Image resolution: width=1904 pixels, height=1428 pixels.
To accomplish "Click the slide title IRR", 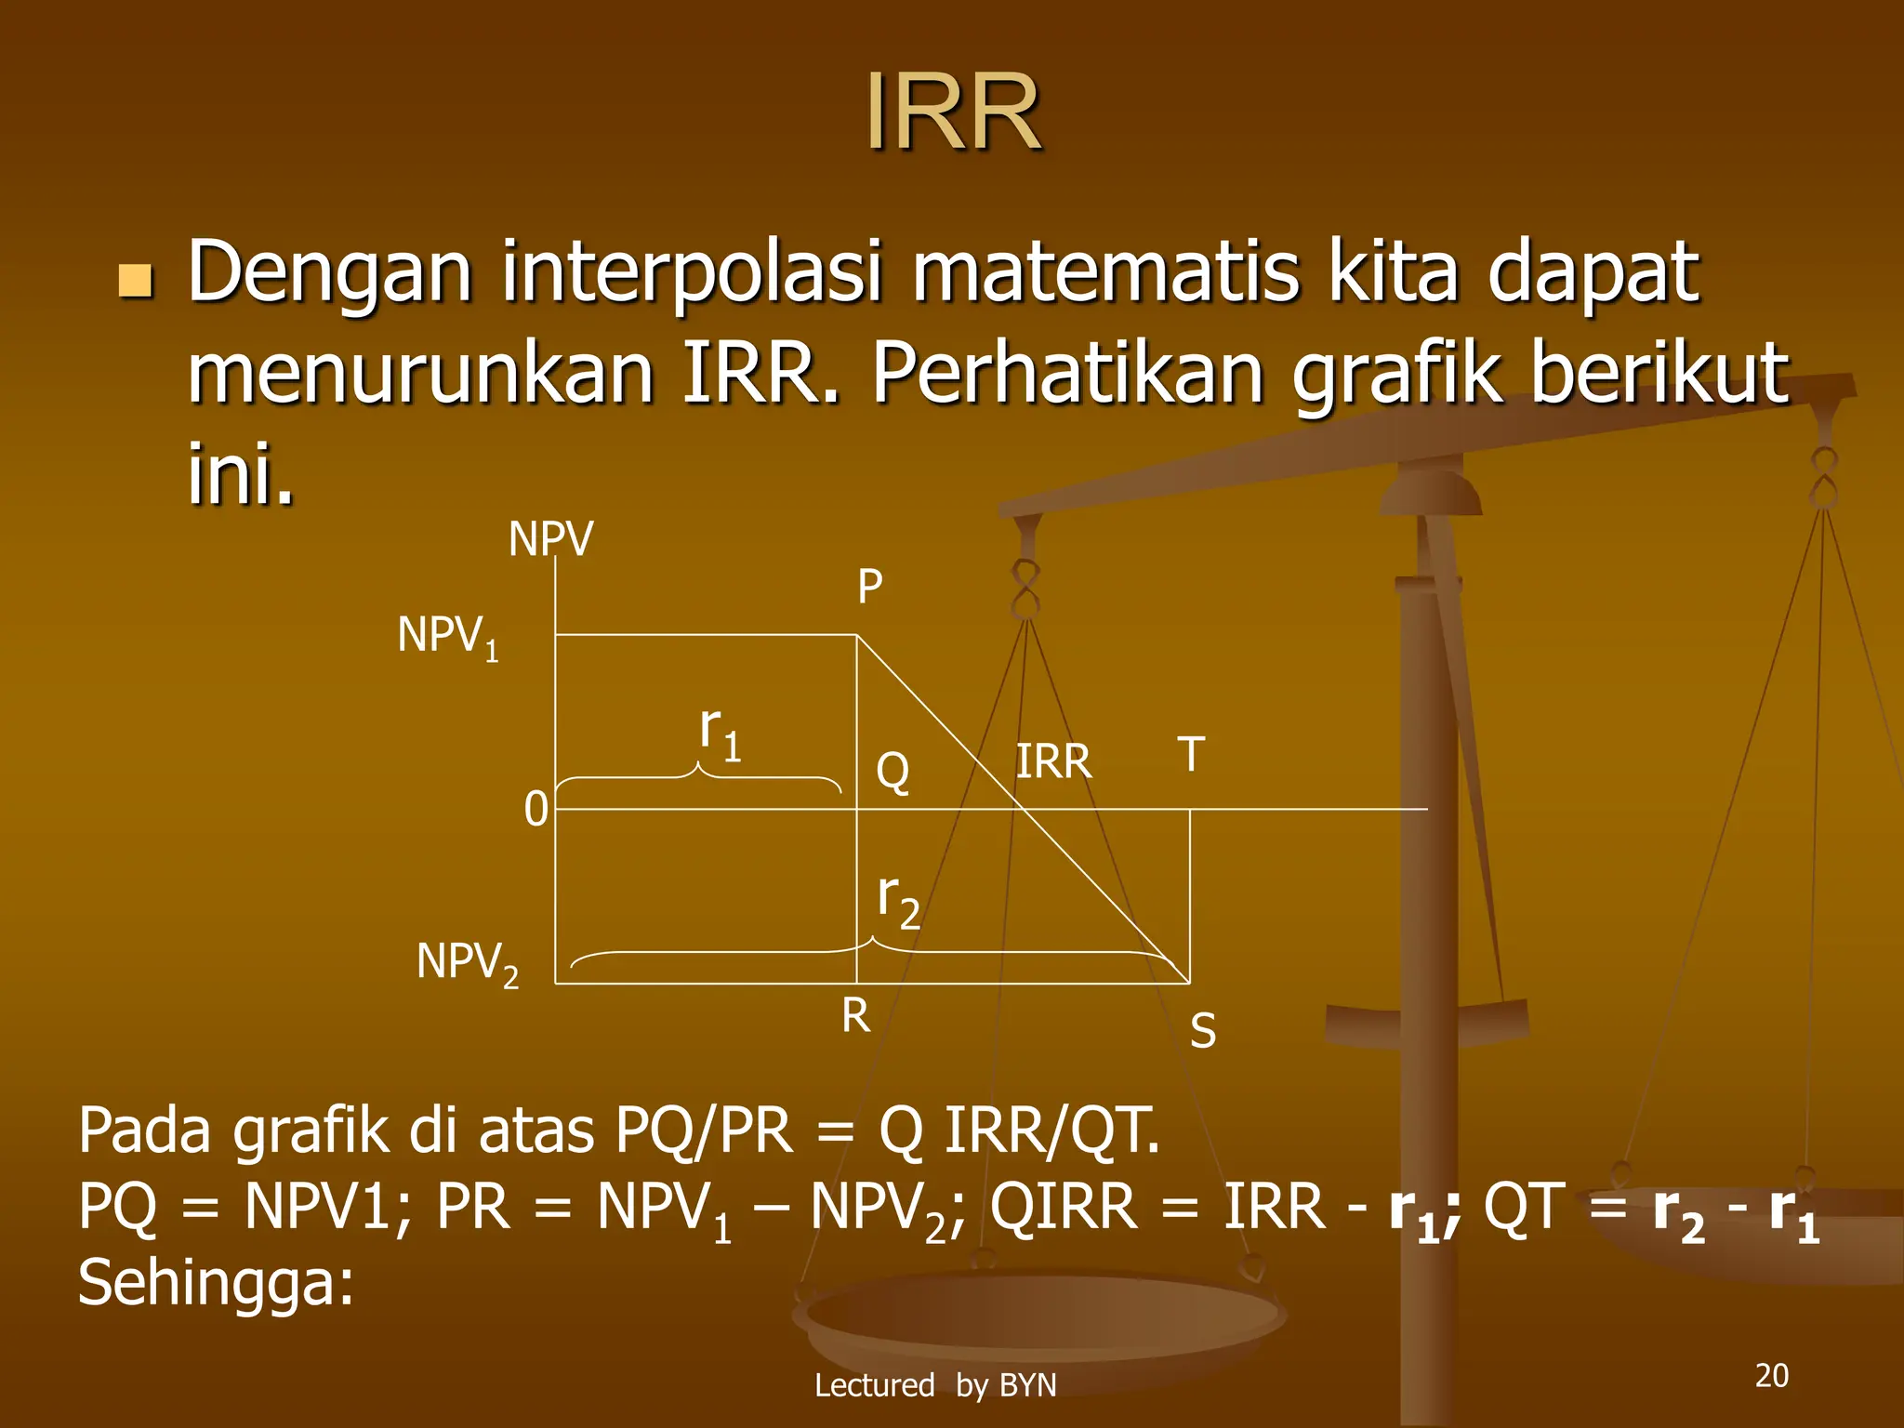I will click(953, 112).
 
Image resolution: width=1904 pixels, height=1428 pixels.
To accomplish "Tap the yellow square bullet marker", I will click(136, 280).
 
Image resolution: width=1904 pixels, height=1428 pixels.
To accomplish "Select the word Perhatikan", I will click(1067, 373).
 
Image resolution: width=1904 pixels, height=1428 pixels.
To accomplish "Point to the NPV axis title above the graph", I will click(550, 539).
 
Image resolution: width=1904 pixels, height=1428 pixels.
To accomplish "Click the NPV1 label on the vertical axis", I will click(448, 637).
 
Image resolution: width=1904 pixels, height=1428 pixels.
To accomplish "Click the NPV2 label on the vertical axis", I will click(468, 963).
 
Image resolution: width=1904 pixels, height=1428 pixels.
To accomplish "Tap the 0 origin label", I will click(535, 809).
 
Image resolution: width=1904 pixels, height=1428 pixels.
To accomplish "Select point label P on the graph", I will click(869, 587).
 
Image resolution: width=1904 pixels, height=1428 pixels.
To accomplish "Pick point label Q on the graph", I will click(892, 771).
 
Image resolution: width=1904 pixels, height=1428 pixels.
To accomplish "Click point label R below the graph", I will click(855, 1015).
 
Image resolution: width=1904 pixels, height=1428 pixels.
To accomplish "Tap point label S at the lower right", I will click(1203, 1030).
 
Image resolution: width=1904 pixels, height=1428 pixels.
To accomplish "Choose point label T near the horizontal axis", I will click(1191, 754).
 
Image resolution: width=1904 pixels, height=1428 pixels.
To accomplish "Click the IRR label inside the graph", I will click(1053, 761).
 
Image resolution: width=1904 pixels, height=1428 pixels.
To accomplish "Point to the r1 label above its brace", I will click(721, 732).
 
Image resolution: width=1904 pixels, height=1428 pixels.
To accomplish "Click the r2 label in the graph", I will click(898, 900).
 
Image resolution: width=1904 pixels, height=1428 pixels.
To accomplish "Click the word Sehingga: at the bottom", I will click(216, 1282).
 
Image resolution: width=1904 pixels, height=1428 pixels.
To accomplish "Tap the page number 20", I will click(1771, 1375).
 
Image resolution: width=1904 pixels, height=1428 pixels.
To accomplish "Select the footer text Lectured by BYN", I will click(935, 1385).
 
